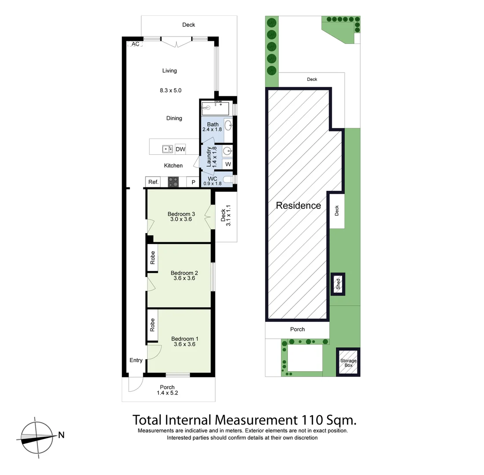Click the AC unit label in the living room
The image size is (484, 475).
click(135, 44)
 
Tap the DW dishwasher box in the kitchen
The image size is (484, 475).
click(180, 150)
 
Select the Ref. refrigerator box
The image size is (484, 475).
click(153, 182)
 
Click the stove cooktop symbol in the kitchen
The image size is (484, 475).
click(174, 182)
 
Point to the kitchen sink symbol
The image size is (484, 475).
click(167, 149)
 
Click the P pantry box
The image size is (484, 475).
click(193, 182)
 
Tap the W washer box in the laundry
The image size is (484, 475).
click(228, 164)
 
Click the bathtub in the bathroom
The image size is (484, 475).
click(215, 108)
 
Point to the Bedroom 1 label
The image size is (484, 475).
click(185, 339)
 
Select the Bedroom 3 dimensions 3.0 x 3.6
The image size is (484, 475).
click(181, 219)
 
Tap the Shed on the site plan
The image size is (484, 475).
click(338, 284)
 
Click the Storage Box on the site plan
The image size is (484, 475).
click(348, 363)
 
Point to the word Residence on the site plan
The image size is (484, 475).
click(298, 205)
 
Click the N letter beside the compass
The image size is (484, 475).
click(62, 435)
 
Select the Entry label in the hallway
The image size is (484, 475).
click(136, 360)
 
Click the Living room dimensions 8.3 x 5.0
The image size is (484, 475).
click(171, 90)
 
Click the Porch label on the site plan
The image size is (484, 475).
click(297, 329)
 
